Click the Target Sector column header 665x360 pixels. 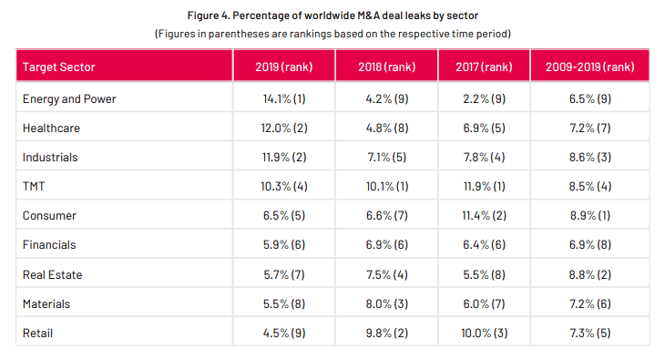click(x=58, y=67)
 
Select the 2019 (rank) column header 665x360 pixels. click(x=283, y=67)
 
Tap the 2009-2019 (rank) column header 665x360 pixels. click(x=589, y=67)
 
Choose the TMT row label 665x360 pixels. click(x=36, y=186)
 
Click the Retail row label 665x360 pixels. click(x=38, y=333)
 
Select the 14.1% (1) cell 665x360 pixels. click(x=283, y=98)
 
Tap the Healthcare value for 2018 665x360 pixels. click(x=387, y=128)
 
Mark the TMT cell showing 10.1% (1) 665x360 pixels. click(x=387, y=186)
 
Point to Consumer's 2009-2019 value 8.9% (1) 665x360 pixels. click(x=589, y=215)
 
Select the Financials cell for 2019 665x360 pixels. click(x=283, y=245)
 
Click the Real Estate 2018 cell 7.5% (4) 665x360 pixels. click(x=387, y=274)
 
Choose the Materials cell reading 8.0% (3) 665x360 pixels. click(x=387, y=303)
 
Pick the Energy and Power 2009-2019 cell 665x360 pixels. click(x=589, y=98)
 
